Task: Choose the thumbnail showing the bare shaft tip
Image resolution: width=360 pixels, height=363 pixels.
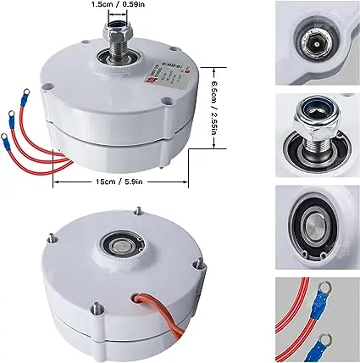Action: pyautogui.click(x=317, y=39)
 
